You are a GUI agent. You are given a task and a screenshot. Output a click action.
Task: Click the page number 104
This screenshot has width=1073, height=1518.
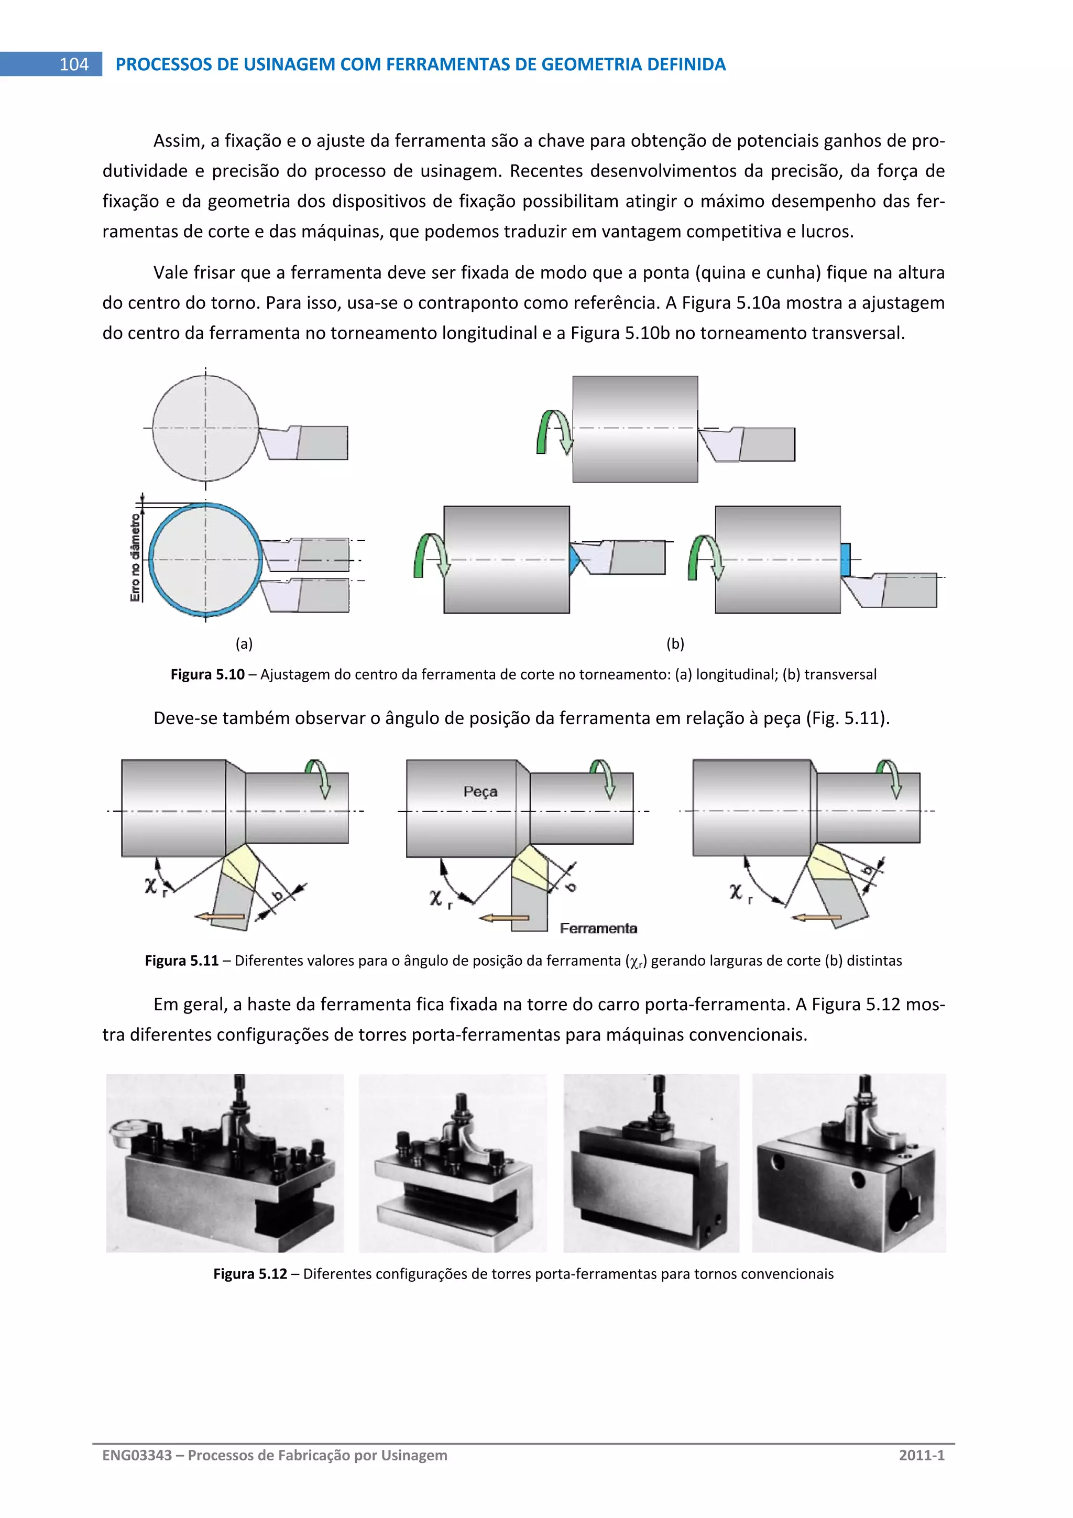[73, 64]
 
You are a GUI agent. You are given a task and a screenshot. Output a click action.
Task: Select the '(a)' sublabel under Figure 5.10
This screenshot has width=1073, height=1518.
[244, 643]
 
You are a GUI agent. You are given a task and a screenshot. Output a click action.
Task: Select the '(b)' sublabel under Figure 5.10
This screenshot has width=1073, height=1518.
[675, 643]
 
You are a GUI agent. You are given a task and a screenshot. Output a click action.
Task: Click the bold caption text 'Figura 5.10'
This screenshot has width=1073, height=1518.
[207, 674]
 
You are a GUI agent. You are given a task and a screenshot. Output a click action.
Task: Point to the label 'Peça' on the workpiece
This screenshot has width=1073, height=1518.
[480, 791]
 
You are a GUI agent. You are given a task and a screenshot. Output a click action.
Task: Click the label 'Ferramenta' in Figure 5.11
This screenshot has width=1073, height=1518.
[598, 929]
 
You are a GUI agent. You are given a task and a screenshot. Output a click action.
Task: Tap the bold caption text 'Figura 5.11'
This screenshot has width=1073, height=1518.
[181, 960]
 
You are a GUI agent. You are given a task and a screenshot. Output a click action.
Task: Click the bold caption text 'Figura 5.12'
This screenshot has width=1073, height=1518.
[250, 1274]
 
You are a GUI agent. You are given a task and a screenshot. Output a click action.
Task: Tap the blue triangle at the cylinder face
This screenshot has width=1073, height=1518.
[574, 560]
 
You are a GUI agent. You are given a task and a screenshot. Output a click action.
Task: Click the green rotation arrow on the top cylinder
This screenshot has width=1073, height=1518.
[553, 431]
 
